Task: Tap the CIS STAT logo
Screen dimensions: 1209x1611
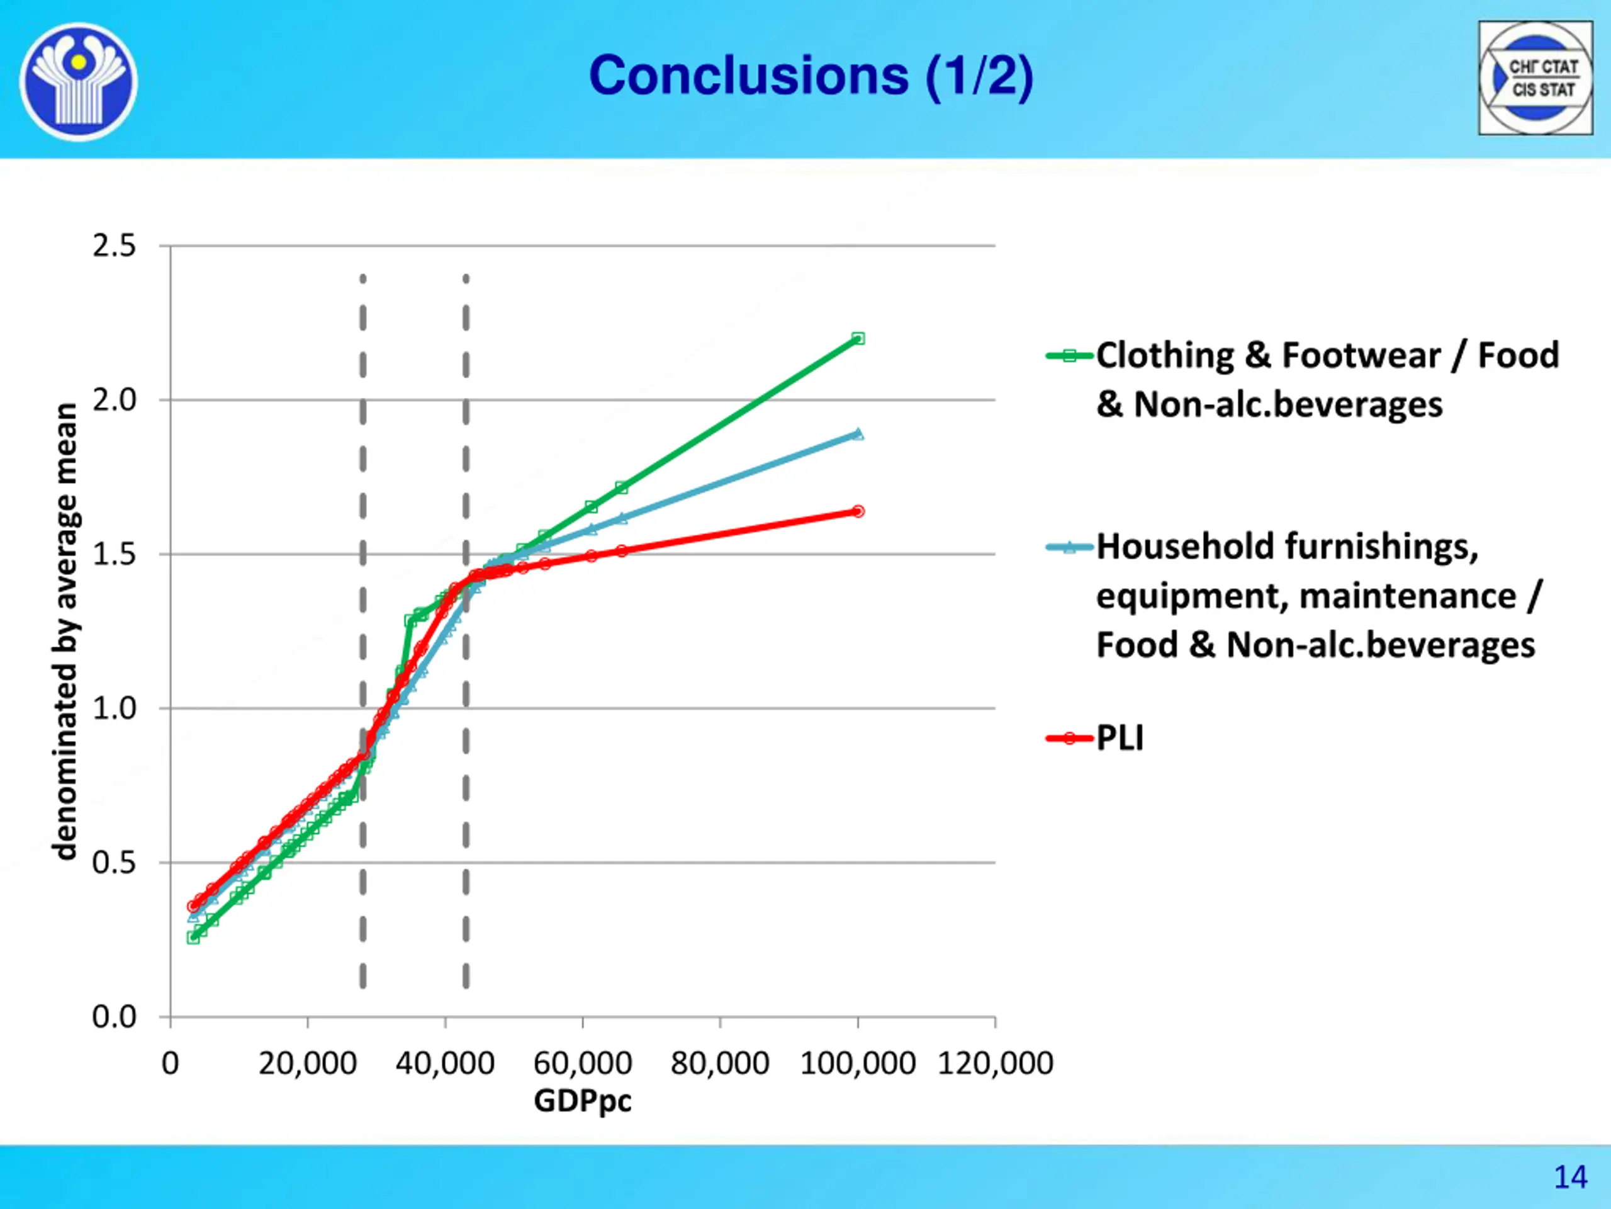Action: [x=1535, y=77]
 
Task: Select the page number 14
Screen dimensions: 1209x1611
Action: [x=1570, y=1177]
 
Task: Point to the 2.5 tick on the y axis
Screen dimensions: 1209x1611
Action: [x=115, y=246]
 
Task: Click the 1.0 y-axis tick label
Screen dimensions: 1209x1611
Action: [x=115, y=708]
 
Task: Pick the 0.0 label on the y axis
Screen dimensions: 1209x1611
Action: [x=115, y=1016]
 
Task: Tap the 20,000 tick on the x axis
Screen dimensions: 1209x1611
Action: [x=307, y=1064]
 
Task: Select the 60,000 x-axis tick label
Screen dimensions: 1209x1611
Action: [x=583, y=1064]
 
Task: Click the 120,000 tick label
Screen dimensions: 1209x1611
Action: [x=995, y=1064]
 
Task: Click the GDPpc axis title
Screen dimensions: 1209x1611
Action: [x=583, y=1101]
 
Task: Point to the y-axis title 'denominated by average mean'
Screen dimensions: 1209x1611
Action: [x=65, y=631]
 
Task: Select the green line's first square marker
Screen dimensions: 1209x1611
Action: [x=194, y=937]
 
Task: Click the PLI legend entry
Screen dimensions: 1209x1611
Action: [x=1120, y=738]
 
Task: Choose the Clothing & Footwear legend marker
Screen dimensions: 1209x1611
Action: [x=1069, y=356]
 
